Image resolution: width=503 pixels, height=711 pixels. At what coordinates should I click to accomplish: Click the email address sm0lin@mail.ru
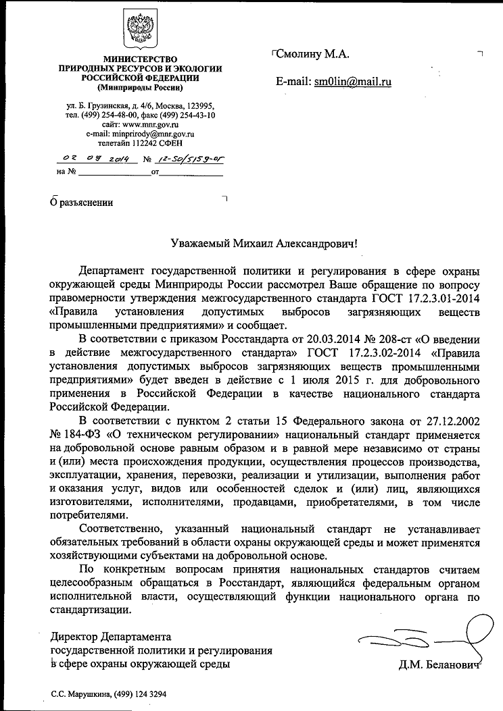pyautogui.click(x=353, y=82)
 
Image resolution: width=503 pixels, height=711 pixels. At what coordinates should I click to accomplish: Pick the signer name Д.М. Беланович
pyautogui.click(x=439, y=665)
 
